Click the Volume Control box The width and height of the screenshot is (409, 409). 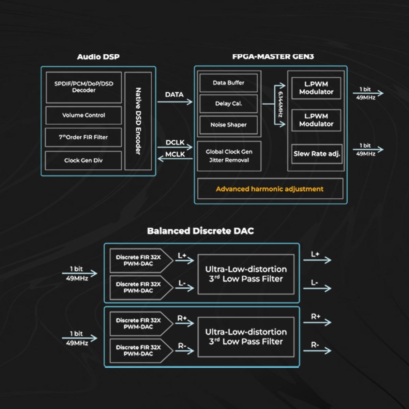click(84, 115)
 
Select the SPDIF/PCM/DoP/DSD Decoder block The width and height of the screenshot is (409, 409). click(84, 87)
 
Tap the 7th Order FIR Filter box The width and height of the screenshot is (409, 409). click(84, 137)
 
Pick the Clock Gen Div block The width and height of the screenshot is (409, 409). click(84, 161)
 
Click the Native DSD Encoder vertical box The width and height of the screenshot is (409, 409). click(138, 121)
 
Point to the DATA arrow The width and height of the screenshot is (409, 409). click(175, 102)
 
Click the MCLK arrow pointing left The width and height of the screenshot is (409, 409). click(175, 158)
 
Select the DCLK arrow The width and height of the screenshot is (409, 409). click(175, 147)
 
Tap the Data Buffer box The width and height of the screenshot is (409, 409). click(228, 83)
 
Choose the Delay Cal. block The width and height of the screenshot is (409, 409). click(228, 104)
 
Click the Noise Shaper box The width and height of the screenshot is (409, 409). click(228, 125)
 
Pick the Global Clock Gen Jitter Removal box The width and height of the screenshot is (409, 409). click(229, 156)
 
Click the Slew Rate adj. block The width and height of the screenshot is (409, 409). click(317, 154)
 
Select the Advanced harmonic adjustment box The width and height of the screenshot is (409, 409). click(270, 189)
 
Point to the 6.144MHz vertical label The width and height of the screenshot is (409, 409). click(280, 104)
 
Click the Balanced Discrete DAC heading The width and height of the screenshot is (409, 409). click(200, 231)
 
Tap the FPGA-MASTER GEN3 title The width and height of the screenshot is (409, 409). click(273, 57)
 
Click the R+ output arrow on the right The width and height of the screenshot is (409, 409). click(317, 322)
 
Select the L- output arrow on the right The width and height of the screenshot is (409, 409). click(317, 288)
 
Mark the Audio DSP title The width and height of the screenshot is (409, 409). click(98, 57)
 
